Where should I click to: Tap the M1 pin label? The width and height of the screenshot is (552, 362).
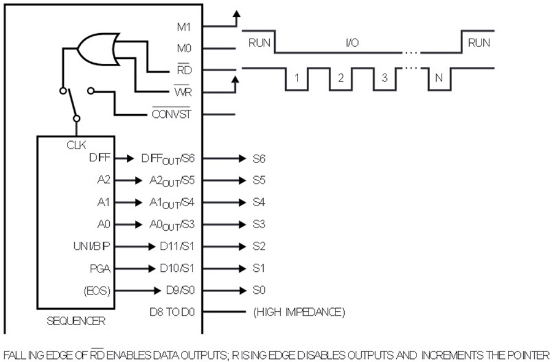[x=184, y=27]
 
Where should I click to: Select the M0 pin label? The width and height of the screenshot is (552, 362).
[x=184, y=48]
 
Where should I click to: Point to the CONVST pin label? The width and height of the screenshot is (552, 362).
[x=172, y=114]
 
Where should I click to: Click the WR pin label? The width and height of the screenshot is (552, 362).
[x=183, y=91]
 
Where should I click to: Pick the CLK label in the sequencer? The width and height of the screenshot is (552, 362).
[x=76, y=145]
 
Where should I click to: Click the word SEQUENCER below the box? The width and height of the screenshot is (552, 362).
[x=76, y=321]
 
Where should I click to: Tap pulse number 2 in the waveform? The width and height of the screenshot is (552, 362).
[x=340, y=78]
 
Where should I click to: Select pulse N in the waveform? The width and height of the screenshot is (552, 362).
[x=439, y=78]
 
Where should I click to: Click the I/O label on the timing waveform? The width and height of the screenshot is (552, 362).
[x=352, y=42]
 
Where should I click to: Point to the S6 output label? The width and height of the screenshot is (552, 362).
[x=259, y=159]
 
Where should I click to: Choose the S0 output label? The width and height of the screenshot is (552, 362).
[x=259, y=290]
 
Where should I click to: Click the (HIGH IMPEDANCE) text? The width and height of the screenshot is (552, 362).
[x=299, y=312]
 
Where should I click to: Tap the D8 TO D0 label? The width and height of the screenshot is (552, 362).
[x=172, y=312]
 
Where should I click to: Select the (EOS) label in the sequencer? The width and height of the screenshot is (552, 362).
[x=97, y=291]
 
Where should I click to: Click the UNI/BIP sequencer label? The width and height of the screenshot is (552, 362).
[x=92, y=246]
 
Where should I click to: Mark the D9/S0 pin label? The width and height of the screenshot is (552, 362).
[x=180, y=290]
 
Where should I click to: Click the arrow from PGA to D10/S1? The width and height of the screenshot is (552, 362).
[x=135, y=269]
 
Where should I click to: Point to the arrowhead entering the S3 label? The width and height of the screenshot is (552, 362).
[x=242, y=225]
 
